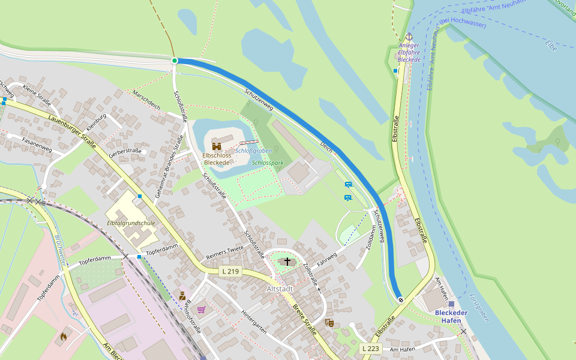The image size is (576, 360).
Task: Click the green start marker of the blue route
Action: pyautogui.click(x=175, y=61)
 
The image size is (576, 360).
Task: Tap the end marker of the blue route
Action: pyautogui.click(x=400, y=300)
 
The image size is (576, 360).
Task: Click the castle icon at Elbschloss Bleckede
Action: pyautogui.click(x=217, y=146)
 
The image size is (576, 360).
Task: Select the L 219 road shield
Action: pyautogui.click(x=230, y=271)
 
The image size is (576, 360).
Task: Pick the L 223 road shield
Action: pyautogui.click(x=371, y=349)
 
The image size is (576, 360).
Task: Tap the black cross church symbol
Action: pyautogui.click(x=287, y=262)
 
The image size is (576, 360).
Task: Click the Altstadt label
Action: pyautogui.click(x=279, y=289)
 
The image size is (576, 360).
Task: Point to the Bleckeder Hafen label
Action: pyautogui.click(x=451, y=316)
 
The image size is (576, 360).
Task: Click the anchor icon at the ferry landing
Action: pyautogui.click(x=409, y=37)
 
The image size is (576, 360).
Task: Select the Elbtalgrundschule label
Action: pyautogui.click(x=131, y=223)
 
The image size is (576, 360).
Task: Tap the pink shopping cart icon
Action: pyautogui.click(x=201, y=310)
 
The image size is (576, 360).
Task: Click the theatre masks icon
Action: pyautogui.click(x=329, y=322)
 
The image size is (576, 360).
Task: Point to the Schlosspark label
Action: pyautogui.click(x=268, y=163)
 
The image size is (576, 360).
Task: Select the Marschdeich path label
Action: pyautogui.click(x=146, y=100)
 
